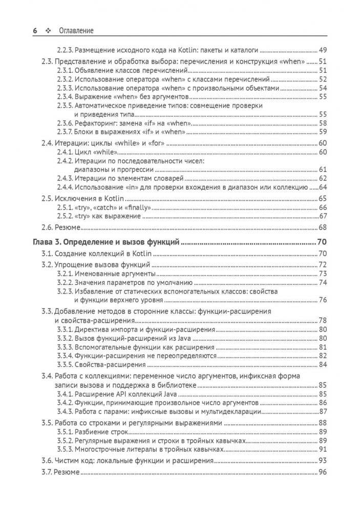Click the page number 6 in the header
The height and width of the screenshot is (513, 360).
[35, 31]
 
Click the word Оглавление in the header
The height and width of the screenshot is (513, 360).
[76, 31]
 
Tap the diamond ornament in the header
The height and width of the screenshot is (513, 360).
[49, 31]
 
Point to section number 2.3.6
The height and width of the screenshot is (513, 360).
[65, 123]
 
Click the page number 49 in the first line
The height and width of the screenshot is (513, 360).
[323, 50]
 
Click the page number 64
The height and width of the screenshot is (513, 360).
[323, 187]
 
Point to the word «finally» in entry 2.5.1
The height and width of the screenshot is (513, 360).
[138, 208]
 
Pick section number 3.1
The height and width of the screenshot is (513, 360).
[48, 254]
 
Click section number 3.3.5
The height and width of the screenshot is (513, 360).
[65, 364]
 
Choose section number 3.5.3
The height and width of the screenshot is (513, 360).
[65, 449]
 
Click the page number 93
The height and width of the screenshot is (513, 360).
[323, 461]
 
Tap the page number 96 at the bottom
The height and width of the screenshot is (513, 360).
[323, 473]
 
